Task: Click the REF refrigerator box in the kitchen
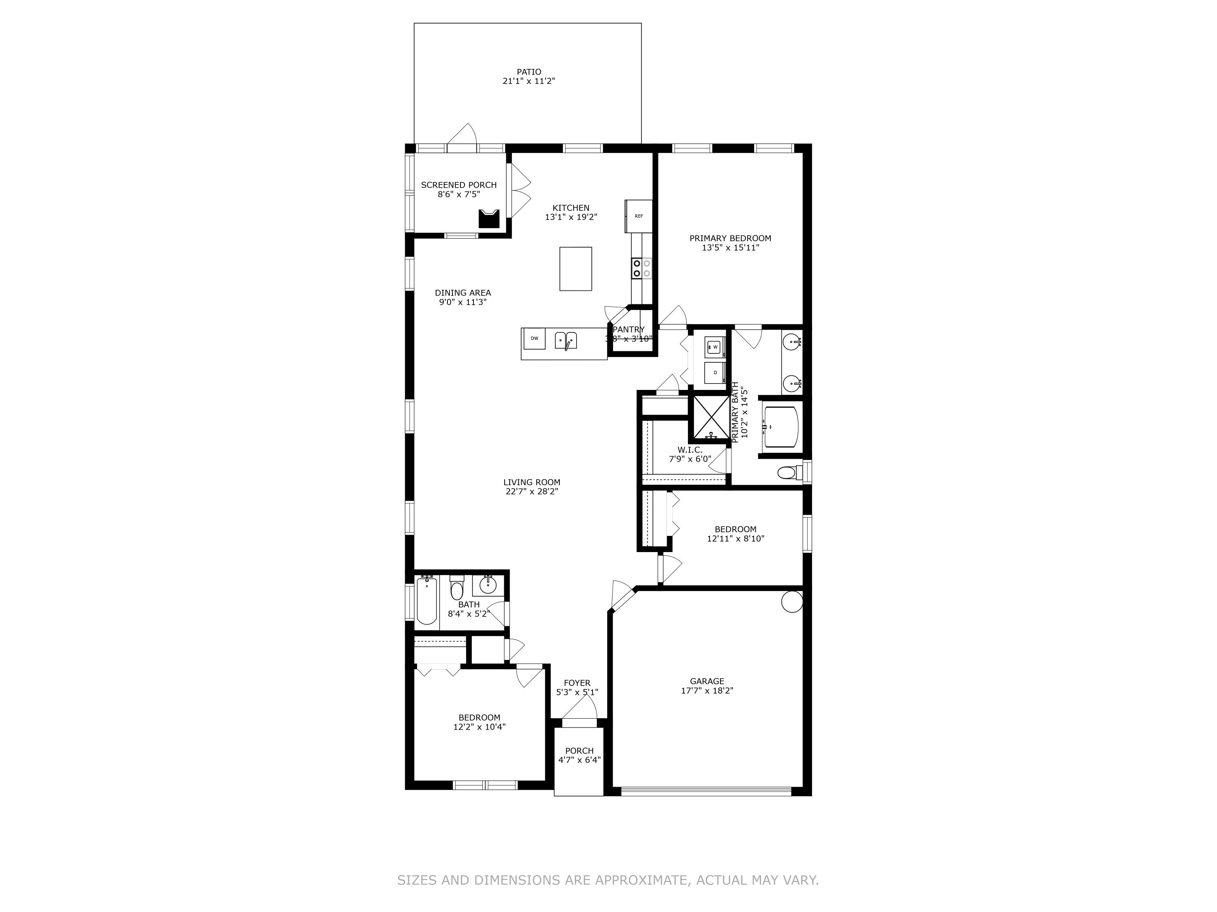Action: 638,216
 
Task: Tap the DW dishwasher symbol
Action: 534,338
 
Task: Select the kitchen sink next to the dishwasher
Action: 565,340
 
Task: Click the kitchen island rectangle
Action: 576,269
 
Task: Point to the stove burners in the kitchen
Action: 641,268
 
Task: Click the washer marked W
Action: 715,347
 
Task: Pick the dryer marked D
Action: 715,373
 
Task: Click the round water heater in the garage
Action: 792,602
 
